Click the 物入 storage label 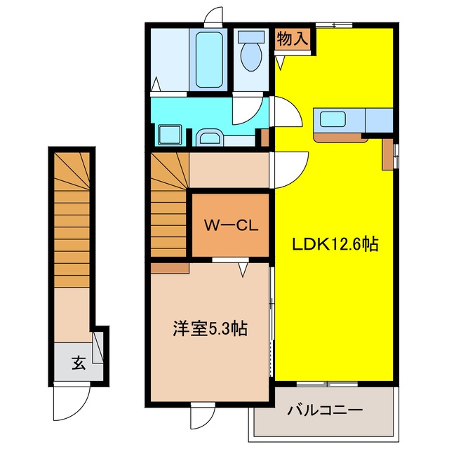(293, 39)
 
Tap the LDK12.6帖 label (335, 245)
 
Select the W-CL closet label (231, 225)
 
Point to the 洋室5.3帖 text (210, 328)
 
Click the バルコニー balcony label (325, 410)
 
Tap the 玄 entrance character (78, 363)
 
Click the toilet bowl (251, 56)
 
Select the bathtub (209, 60)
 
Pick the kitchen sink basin (333, 119)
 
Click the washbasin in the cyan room (210, 138)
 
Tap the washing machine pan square (170, 135)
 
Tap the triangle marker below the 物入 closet (280, 63)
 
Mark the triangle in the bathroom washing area (156, 84)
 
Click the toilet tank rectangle (251, 36)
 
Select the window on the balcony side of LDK (327, 384)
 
